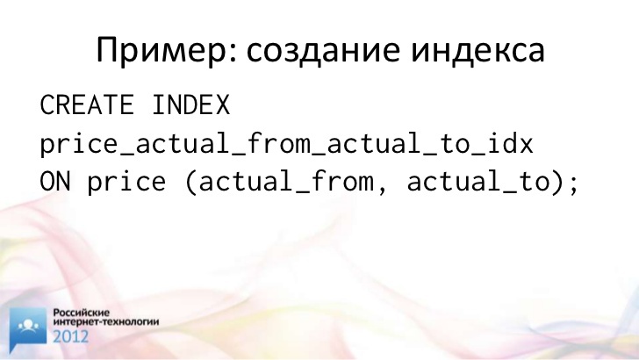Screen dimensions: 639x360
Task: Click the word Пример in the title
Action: pos(162,51)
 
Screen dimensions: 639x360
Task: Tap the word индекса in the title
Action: pos(477,51)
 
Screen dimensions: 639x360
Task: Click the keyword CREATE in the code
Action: pos(87,104)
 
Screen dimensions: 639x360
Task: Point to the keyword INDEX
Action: pos(191,104)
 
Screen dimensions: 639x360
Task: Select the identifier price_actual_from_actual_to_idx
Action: pos(286,144)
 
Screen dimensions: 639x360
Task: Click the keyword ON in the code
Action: pos(55,182)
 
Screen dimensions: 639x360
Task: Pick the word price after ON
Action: pos(126,182)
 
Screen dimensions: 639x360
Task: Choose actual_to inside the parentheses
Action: pos(478,182)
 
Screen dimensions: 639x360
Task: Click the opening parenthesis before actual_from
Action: pos(190,182)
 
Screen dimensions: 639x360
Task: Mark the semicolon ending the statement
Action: pos(574,184)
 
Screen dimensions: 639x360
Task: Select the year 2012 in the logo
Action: pos(70,336)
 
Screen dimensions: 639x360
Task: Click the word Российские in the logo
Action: pos(82,313)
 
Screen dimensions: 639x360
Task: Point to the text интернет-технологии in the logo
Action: pos(106,321)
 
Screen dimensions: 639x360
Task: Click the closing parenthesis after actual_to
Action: pos(559,182)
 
